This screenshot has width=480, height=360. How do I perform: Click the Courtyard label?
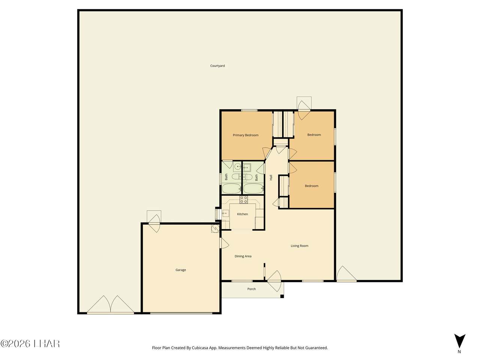click(x=217, y=66)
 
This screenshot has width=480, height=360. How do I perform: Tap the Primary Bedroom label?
click(x=245, y=135)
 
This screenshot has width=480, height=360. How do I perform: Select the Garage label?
click(x=181, y=270)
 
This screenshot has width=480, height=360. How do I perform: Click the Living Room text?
click(x=299, y=246)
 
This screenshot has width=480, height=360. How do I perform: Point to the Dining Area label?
click(x=243, y=256)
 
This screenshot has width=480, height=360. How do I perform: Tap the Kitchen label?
click(x=242, y=214)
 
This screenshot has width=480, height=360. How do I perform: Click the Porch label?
click(x=252, y=289)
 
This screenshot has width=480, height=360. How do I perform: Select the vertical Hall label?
click(x=271, y=178)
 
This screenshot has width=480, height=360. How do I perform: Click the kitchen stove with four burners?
click(x=244, y=199)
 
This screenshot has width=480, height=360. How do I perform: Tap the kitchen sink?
click(x=225, y=214)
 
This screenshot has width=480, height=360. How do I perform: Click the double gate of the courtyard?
click(x=111, y=304)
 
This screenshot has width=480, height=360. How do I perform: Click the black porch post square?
click(x=282, y=296)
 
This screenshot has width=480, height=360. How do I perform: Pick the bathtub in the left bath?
click(x=231, y=188)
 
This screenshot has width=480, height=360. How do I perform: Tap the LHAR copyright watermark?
click(x=30, y=343)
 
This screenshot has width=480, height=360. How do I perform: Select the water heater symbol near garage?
click(x=215, y=228)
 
